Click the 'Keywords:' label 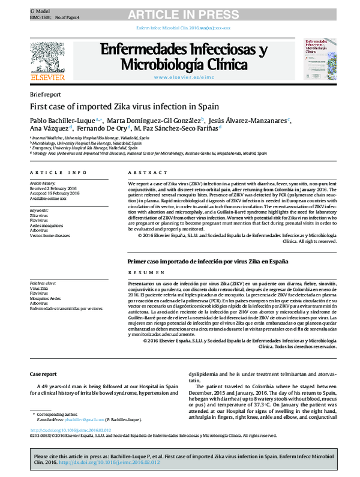(x=39, y=211)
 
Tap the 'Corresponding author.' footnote (x=61, y=414)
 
